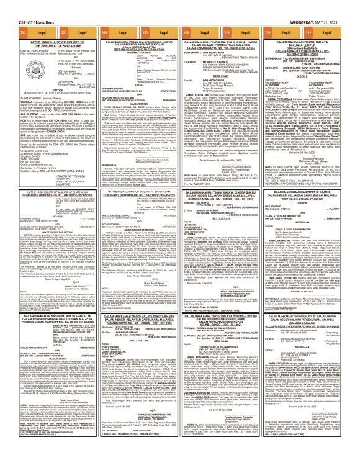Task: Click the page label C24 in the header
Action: point(7,3)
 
